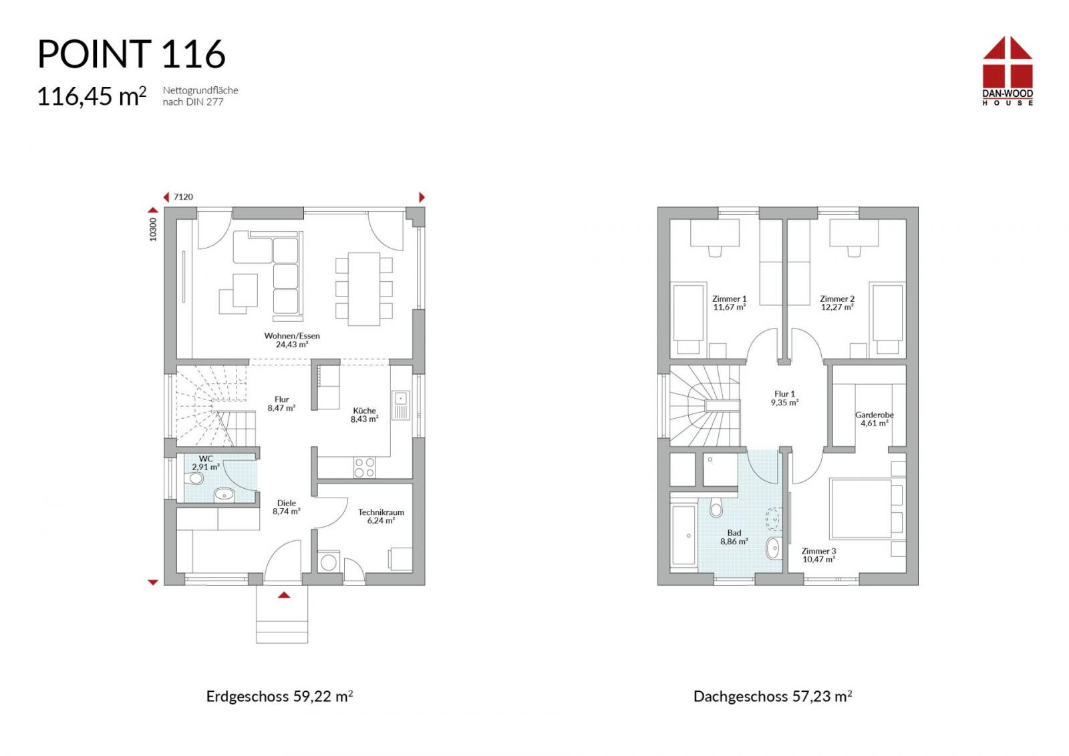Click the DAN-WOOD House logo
pyautogui.click(x=1008, y=71)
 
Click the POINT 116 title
pyautogui.click(x=131, y=54)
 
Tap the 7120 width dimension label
pyautogui.click(x=183, y=197)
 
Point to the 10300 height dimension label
pyautogui.click(x=153, y=230)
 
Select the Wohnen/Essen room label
pyautogui.click(x=292, y=340)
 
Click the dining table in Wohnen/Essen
pyautogui.click(x=363, y=289)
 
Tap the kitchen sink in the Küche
pyautogui.click(x=401, y=405)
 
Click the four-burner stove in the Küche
pyautogui.click(x=364, y=467)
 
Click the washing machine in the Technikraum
pyautogui.click(x=328, y=562)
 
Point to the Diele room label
pyautogui.click(x=287, y=507)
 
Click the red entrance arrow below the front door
pyautogui.click(x=284, y=595)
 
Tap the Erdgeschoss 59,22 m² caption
pyautogui.click(x=280, y=697)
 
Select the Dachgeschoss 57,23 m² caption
pyautogui.click(x=772, y=697)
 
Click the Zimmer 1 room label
pyautogui.click(x=729, y=303)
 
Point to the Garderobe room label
pyautogui.click(x=875, y=419)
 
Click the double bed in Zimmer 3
pyautogui.click(x=861, y=508)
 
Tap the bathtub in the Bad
pyautogui.click(x=684, y=536)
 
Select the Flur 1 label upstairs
pyautogui.click(x=784, y=398)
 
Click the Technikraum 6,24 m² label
pyautogui.click(x=381, y=516)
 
